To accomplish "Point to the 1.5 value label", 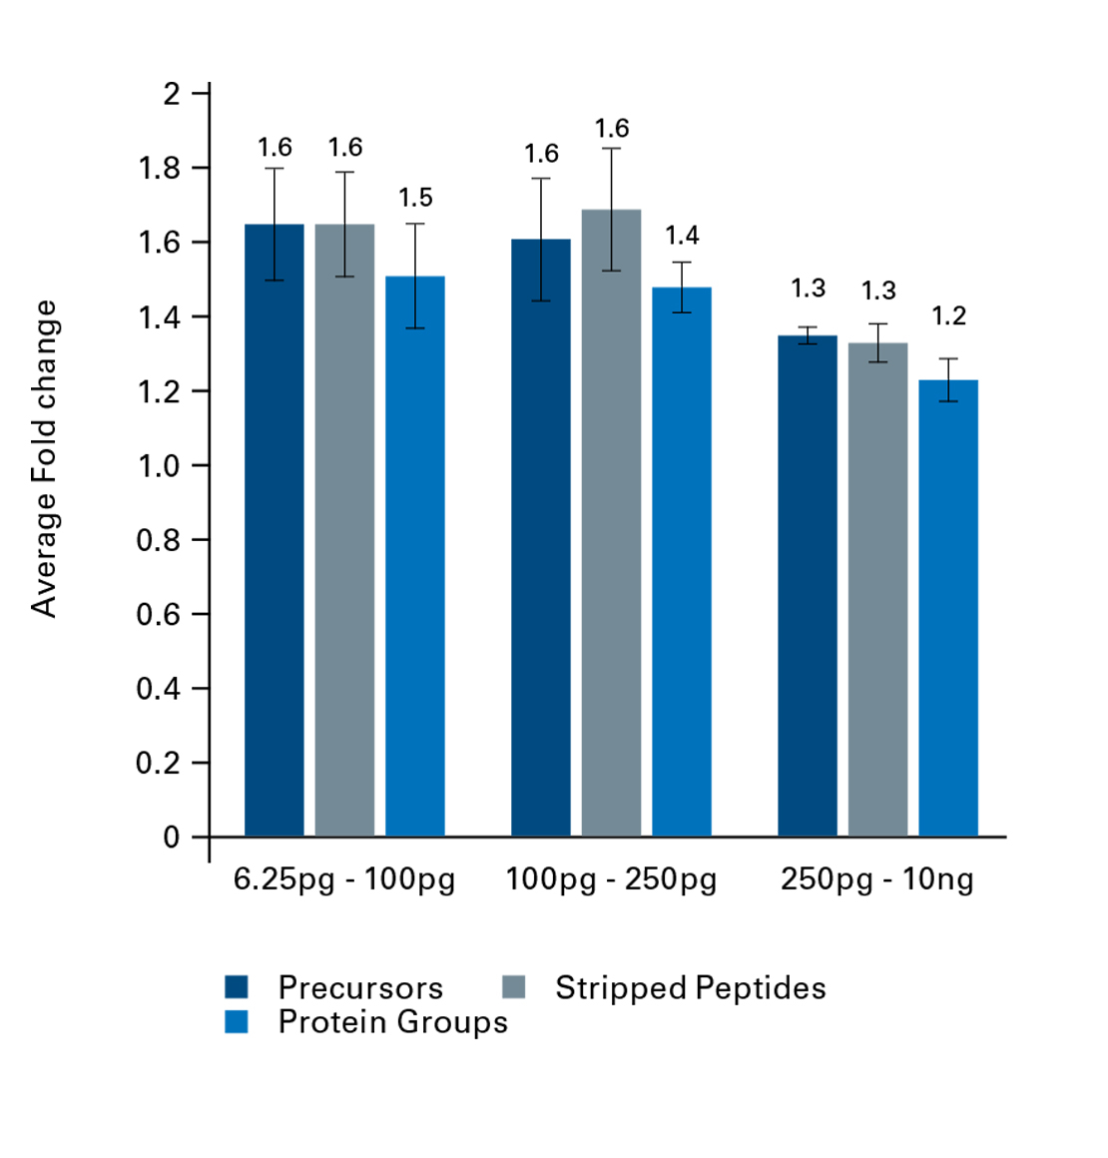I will click(415, 198).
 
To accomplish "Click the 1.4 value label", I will click(682, 236).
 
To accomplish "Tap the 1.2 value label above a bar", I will click(948, 316).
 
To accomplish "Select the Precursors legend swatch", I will click(237, 987).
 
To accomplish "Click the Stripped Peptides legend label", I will click(691, 987).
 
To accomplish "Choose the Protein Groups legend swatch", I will click(237, 1021).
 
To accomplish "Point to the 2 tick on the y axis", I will click(172, 94).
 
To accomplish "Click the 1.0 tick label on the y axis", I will click(159, 466).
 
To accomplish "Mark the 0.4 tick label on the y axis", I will click(159, 689).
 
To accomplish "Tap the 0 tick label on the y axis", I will click(172, 838).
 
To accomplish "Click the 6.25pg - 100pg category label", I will click(344, 879).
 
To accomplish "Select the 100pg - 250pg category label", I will click(611, 879).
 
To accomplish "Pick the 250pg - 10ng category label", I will click(877, 879).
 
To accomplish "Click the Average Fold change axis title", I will click(44, 459).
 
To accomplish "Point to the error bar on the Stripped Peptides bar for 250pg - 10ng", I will click(878, 342).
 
